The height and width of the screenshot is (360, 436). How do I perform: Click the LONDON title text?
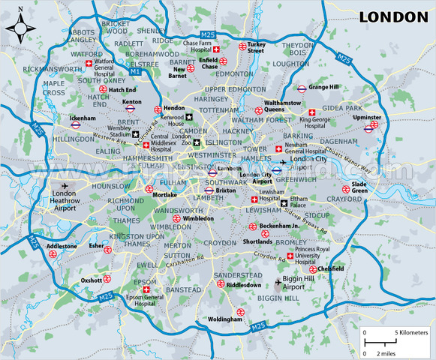pyautogui.click(x=392, y=16)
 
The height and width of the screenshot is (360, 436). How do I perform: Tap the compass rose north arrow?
pyautogui.click(x=20, y=28)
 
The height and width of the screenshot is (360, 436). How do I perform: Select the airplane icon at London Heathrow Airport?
pyautogui.click(x=61, y=186)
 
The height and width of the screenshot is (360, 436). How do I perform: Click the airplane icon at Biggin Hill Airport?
pyautogui.click(x=280, y=283)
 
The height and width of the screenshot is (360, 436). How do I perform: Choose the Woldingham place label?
pyautogui.click(x=225, y=319)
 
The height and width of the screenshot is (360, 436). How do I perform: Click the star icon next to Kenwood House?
pyautogui.click(x=189, y=117)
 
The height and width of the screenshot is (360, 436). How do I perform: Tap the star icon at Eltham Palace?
pyautogui.click(x=284, y=202)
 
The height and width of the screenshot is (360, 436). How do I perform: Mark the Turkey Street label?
pyautogui.click(x=257, y=46)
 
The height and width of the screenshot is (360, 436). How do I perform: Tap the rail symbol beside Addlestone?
pyautogui.click(x=54, y=253)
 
